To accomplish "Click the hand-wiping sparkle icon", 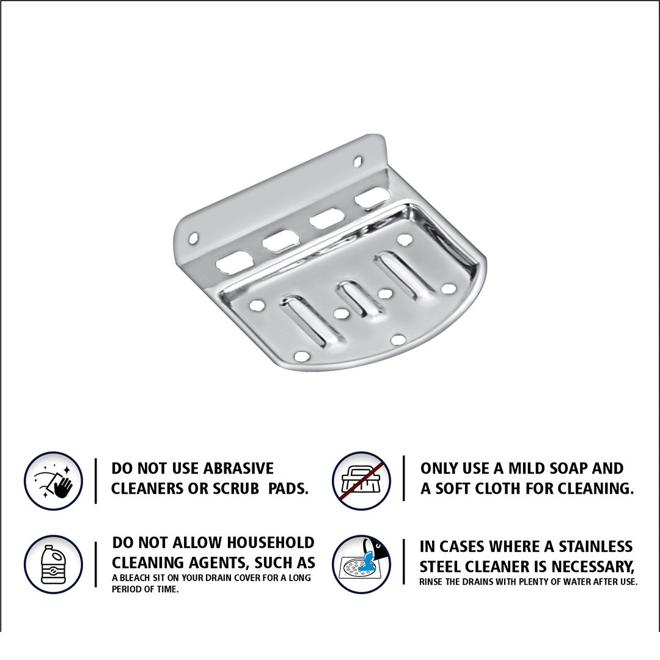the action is click(x=53, y=481).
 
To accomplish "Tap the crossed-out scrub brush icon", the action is click(x=361, y=481).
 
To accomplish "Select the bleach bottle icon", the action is click(x=53, y=564).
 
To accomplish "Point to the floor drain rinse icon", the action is click(x=361, y=564).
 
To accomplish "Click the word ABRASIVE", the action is click(x=238, y=468).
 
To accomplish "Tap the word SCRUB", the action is click(x=236, y=488).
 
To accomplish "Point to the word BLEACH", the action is click(x=134, y=578).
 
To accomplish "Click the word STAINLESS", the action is click(x=596, y=546).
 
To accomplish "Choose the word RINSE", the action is click(x=431, y=582).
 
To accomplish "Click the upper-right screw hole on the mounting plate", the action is click(x=358, y=160).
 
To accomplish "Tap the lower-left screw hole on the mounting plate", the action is click(x=193, y=238).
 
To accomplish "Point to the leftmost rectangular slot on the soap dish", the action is click(x=233, y=262).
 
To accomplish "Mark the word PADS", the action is click(x=288, y=488).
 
